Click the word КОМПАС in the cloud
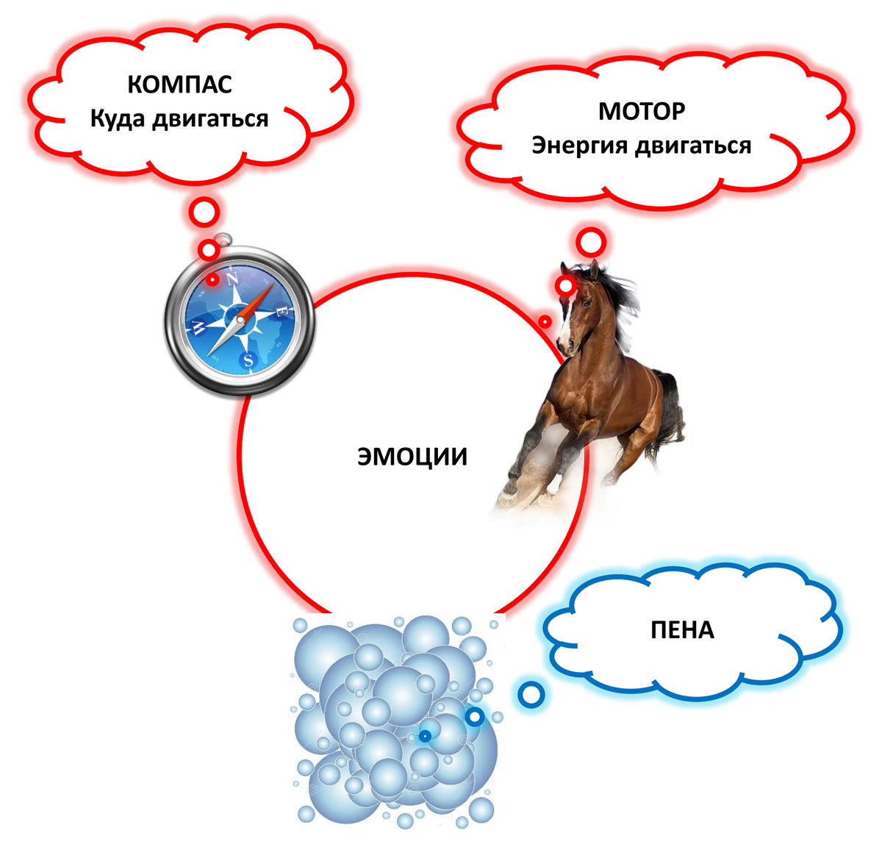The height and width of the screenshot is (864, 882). (x=179, y=84)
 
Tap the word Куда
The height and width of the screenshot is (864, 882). (x=118, y=118)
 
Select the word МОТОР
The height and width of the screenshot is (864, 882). (x=642, y=111)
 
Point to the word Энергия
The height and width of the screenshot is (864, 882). (x=580, y=146)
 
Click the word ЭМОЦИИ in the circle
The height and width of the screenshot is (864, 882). (x=412, y=457)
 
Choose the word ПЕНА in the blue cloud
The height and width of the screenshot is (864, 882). (x=682, y=630)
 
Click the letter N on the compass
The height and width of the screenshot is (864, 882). (x=233, y=279)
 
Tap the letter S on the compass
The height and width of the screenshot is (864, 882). (x=248, y=360)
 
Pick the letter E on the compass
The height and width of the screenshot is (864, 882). (x=280, y=313)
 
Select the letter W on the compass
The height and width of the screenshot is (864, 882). (x=197, y=326)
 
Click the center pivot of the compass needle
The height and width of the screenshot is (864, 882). (x=239, y=320)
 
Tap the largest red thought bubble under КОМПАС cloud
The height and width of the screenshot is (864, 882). (x=204, y=213)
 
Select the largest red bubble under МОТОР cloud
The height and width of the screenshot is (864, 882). (x=590, y=241)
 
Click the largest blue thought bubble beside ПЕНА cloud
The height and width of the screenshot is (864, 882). (x=531, y=693)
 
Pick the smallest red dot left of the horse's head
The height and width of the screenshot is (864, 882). (x=545, y=322)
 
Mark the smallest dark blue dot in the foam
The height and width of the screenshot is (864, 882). (x=425, y=735)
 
